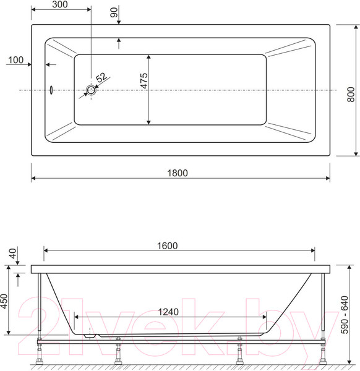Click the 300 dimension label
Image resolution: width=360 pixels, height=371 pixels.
(60, 4)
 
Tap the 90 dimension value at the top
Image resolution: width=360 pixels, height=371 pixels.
(114, 12)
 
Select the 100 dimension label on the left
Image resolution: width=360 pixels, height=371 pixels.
(16, 60)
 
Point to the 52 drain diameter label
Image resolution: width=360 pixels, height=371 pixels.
(101, 77)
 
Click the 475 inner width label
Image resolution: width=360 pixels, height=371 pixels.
(144, 80)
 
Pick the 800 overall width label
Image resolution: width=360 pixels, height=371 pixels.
(351, 95)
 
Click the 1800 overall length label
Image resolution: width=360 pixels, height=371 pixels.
(178, 173)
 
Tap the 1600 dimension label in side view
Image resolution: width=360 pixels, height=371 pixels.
(168, 246)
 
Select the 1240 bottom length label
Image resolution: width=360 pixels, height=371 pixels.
(168, 312)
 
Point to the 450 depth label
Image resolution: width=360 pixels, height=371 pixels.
(4, 301)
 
